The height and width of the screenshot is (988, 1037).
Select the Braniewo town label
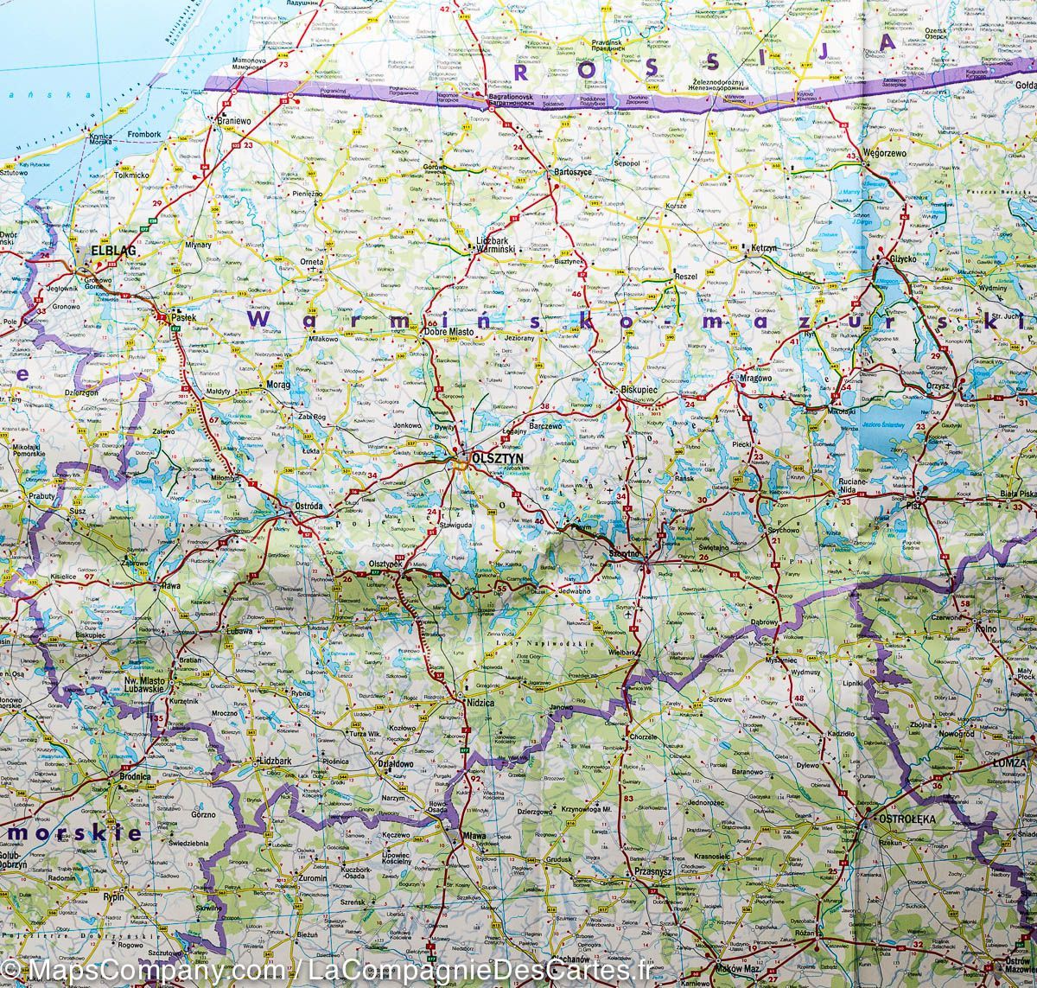[x=233, y=122]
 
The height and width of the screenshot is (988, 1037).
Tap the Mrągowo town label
[x=754, y=378]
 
